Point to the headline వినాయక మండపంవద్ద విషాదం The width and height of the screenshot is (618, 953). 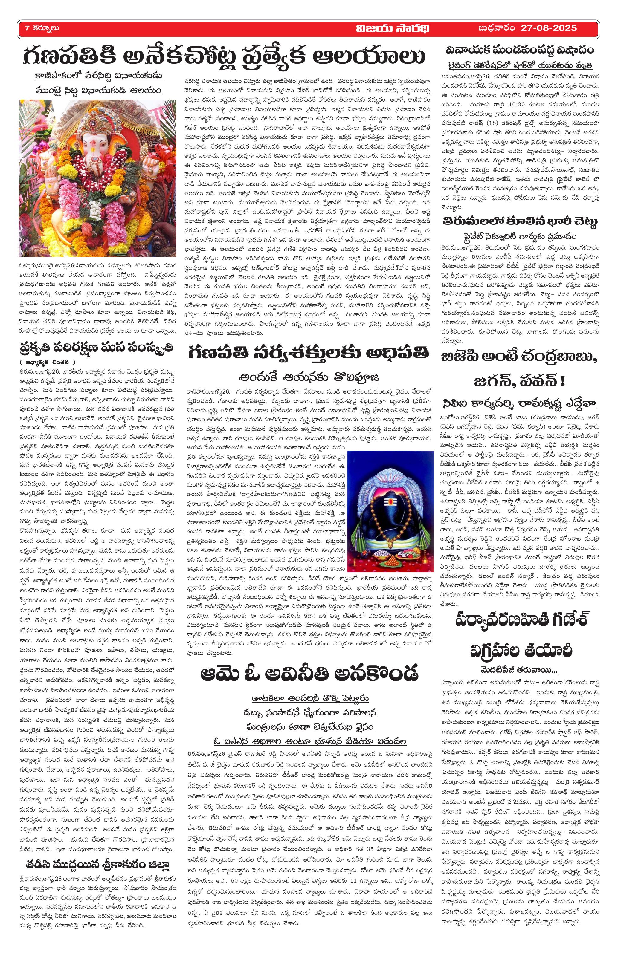tap(520, 51)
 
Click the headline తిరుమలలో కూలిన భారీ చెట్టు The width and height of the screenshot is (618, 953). tap(520, 222)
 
